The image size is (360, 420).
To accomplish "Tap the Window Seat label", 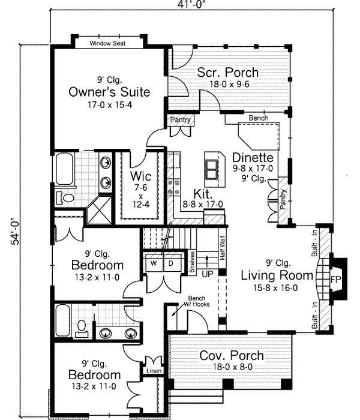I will coord(107,44).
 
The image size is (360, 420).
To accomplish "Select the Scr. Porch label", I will coord(228,73).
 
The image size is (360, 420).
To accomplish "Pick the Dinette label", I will coord(253,158).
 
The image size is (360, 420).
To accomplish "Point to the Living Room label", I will coord(277,275).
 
